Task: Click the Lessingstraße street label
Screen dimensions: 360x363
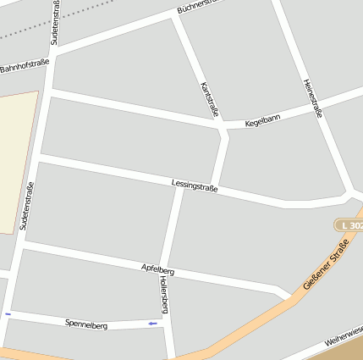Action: [x=195, y=186]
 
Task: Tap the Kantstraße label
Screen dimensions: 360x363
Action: [x=210, y=99]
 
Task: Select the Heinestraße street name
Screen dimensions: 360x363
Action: [x=312, y=98]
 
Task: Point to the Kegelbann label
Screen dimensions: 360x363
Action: [x=262, y=120]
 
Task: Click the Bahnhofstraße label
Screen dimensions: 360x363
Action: [x=25, y=64]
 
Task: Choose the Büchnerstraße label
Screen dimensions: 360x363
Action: [x=200, y=7]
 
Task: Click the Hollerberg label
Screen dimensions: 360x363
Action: [x=164, y=296]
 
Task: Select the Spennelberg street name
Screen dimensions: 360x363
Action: [x=86, y=324]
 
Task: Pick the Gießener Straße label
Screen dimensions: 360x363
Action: [x=326, y=265]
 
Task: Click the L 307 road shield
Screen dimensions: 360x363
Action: [x=349, y=224]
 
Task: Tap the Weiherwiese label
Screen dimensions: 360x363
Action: [x=344, y=341]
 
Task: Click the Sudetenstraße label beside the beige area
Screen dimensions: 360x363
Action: [x=26, y=206]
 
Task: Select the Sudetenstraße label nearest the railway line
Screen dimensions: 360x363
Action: [x=55, y=22]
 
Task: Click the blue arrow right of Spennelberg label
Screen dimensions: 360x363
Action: [x=152, y=323]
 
